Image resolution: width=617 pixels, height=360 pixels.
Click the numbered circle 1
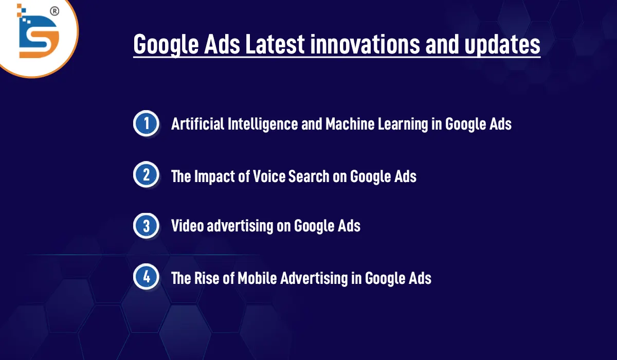(x=147, y=124)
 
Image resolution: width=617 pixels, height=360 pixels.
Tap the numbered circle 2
(x=147, y=175)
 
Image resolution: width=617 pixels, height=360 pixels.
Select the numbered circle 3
(x=147, y=226)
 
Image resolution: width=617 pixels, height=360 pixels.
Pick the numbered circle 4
(x=147, y=278)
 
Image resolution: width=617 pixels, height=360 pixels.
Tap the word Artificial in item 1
(x=197, y=124)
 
